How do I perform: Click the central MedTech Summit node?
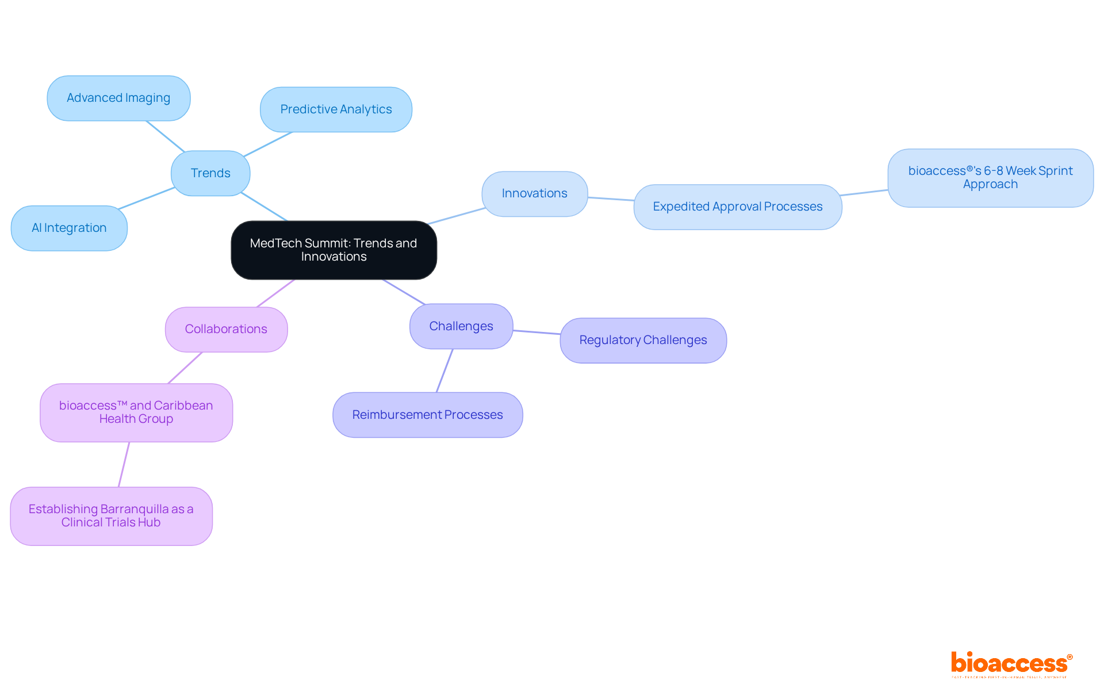[x=333, y=250]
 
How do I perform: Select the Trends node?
[x=210, y=173]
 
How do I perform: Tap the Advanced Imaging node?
[x=118, y=98]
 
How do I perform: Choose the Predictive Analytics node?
[x=336, y=109]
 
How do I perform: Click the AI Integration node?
[x=69, y=228]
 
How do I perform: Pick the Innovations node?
[x=534, y=194]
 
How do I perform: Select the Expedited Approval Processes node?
[x=737, y=207]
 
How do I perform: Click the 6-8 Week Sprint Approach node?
[x=990, y=178]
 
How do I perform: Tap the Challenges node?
[x=461, y=326]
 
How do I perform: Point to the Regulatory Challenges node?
[x=643, y=341]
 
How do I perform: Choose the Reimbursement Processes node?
[x=427, y=415]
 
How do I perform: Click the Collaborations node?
[x=226, y=329]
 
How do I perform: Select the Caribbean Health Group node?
[x=136, y=412]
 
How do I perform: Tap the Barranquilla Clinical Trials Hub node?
[x=111, y=516]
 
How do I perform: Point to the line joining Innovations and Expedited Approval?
[x=611, y=199]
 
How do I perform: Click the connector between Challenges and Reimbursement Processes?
[x=444, y=371]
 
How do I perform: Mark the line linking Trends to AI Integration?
[x=147, y=198]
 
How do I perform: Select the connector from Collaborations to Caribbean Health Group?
[x=185, y=368]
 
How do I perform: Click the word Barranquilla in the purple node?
[x=135, y=509]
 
